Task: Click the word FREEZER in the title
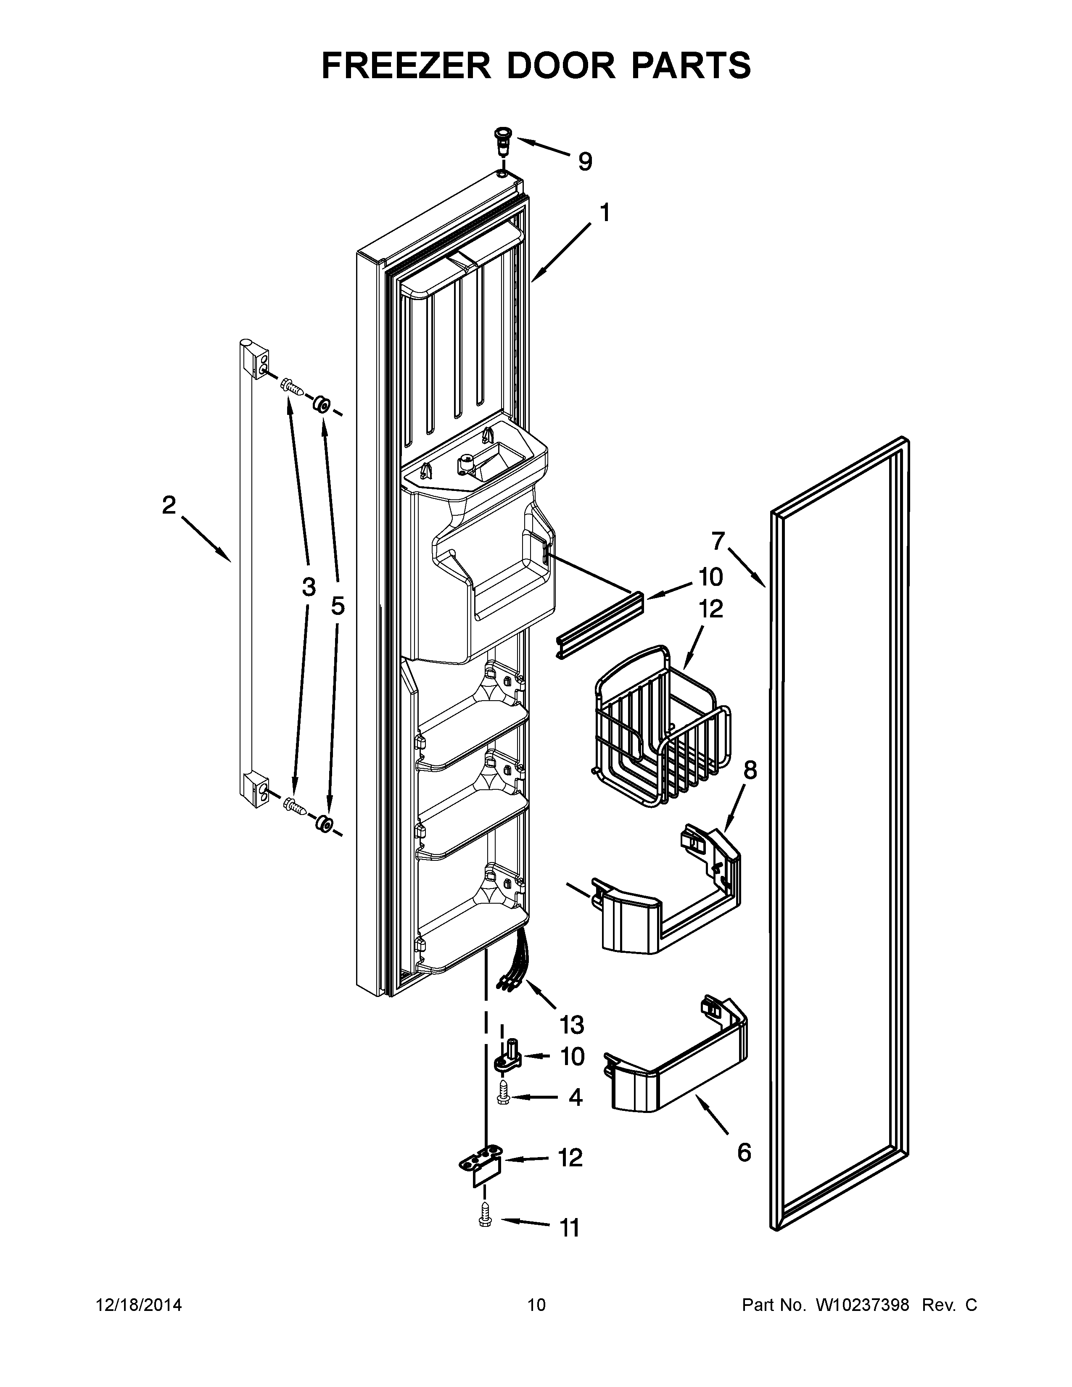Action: coord(405,66)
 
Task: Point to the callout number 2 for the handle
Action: coord(168,506)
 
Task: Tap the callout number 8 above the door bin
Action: coord(750,770)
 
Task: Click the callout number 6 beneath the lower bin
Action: coord(744,1152)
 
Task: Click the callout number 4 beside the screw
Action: coord(576,1097)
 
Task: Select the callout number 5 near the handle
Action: coord(338,606)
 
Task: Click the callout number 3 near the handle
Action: coord(309,588)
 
